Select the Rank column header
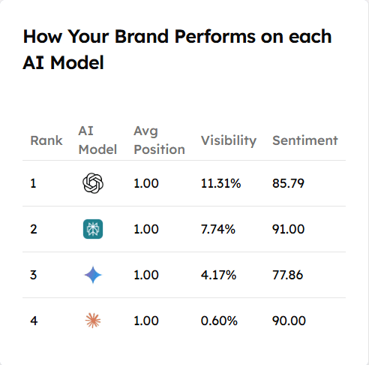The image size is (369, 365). [x=46, y=140]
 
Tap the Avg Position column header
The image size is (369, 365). [x=159, y=140]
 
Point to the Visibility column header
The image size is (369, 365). [x=229, y=140]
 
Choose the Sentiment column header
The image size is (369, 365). [x=304, y=140]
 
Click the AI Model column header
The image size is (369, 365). [x=97, y=140]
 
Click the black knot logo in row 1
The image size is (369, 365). [x=93, y=183]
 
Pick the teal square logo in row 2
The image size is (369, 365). [x=93, y=229]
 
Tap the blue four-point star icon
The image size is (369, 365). [x=93, y=275]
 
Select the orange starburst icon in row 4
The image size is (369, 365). [x=93, y=321]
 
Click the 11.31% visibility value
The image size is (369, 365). [x=220, y=183]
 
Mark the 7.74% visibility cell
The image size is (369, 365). [x=218, y=229]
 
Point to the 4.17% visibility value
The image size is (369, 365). [x=218, y=275]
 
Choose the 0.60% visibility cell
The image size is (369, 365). [x=219, y=321]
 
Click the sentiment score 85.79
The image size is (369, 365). [x=288, y=183]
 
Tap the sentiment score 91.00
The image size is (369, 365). [x=288, y=229]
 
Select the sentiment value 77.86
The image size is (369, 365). [x=288, y=275]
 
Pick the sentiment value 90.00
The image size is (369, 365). [x=289, y=321]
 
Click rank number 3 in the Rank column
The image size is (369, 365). [x=33, y=275]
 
